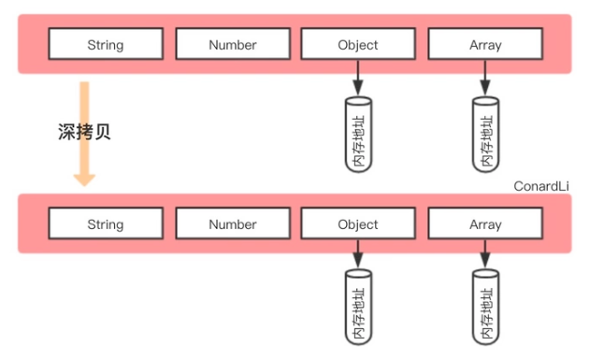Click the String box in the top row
106,44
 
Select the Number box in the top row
233,44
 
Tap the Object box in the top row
358,44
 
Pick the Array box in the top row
485,44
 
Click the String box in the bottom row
106,224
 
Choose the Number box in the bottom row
233,224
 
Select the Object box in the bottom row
358,224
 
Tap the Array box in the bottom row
485,224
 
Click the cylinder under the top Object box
358,136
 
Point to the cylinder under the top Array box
485,136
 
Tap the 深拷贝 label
85,132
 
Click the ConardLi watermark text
541,186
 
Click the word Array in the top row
485,44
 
